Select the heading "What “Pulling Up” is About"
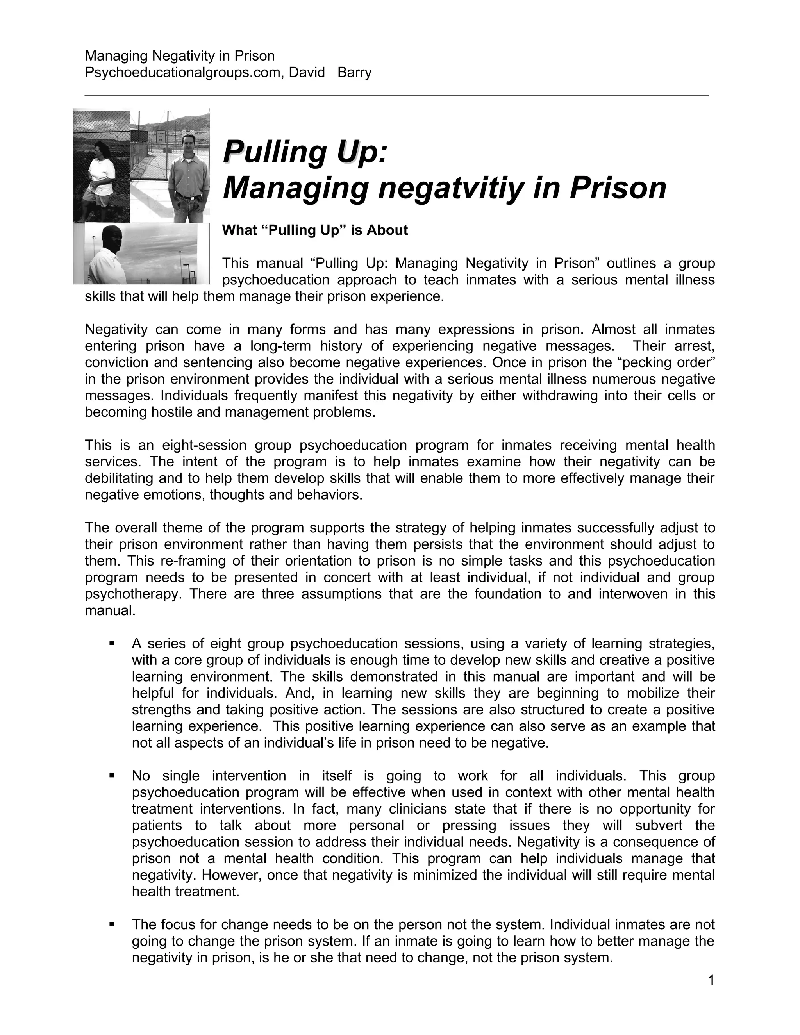point(315,230)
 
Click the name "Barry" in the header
point(355,73)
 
